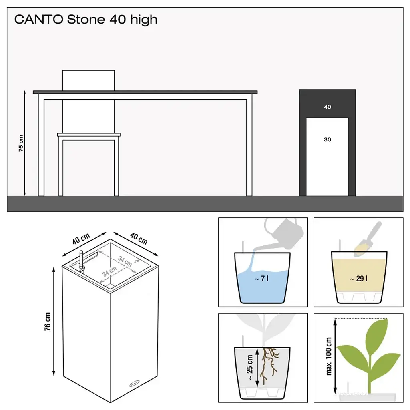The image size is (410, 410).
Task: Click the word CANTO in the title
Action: coord(39,19)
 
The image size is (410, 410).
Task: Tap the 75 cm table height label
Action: coord(21,143)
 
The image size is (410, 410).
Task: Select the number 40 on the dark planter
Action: coord(328,107)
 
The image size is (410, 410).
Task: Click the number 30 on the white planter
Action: coord(328,139)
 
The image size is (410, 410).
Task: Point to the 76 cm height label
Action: coord(47,322)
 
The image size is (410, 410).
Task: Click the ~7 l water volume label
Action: coord(261,279)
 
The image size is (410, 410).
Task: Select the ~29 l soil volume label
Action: coord(358,279)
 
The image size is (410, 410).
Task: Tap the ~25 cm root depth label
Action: coord(250,367)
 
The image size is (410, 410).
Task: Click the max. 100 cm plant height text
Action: coord(329,356)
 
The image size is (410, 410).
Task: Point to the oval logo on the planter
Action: coord(135,384)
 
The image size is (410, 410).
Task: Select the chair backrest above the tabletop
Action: coord(88,80)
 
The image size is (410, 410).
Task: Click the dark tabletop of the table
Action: coord(145,92)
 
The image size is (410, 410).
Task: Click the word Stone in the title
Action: coord(86,19)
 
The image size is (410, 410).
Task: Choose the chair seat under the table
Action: coord(88,135)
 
